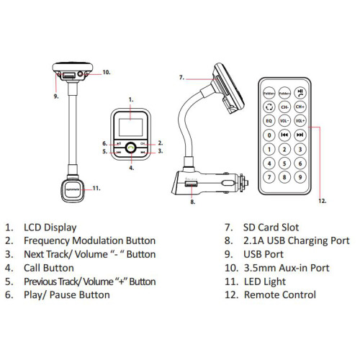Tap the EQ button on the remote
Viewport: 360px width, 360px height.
(269, 120)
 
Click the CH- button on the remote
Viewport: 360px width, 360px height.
(284, 106)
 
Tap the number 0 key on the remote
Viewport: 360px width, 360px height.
(269, 135)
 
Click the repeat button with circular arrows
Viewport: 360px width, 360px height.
(269, 106)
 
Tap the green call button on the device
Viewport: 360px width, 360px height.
(130, 147)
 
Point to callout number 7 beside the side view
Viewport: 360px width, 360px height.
(181, 77)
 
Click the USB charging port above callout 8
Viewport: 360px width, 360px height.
(193, 186)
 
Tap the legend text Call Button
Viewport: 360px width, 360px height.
(54, 267)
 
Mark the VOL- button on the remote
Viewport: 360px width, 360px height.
(284, 120)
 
